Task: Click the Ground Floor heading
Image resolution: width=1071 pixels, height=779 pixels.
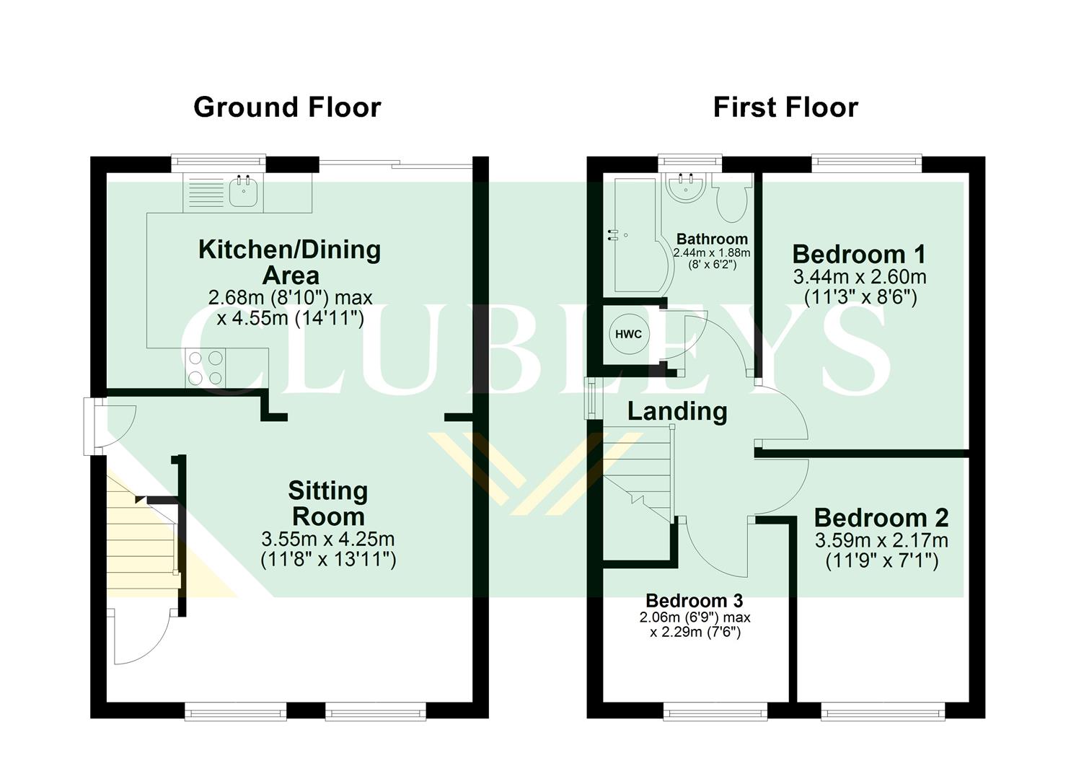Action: point(286,107)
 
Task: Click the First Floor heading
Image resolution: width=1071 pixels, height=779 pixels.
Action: point(785,107)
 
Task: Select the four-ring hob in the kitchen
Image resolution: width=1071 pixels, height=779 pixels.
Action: point(205,367)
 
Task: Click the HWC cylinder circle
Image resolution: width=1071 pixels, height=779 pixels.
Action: point(627,335)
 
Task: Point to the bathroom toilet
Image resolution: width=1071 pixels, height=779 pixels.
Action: point(732,198)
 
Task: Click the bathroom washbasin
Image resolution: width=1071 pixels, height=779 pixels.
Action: point(686,186)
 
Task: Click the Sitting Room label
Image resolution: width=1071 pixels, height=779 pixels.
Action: point(328,503)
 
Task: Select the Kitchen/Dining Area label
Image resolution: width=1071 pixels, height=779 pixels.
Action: point(289,262)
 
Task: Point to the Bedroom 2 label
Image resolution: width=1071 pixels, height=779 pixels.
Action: point(881,518)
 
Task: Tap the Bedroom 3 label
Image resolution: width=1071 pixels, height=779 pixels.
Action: point(694,600)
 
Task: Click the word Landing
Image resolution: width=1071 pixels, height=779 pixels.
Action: point(677,411)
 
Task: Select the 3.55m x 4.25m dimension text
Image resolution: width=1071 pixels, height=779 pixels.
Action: point(328,539)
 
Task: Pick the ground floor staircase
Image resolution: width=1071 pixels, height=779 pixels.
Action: point(141,534)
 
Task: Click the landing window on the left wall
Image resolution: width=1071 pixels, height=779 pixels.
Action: point(590,397)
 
